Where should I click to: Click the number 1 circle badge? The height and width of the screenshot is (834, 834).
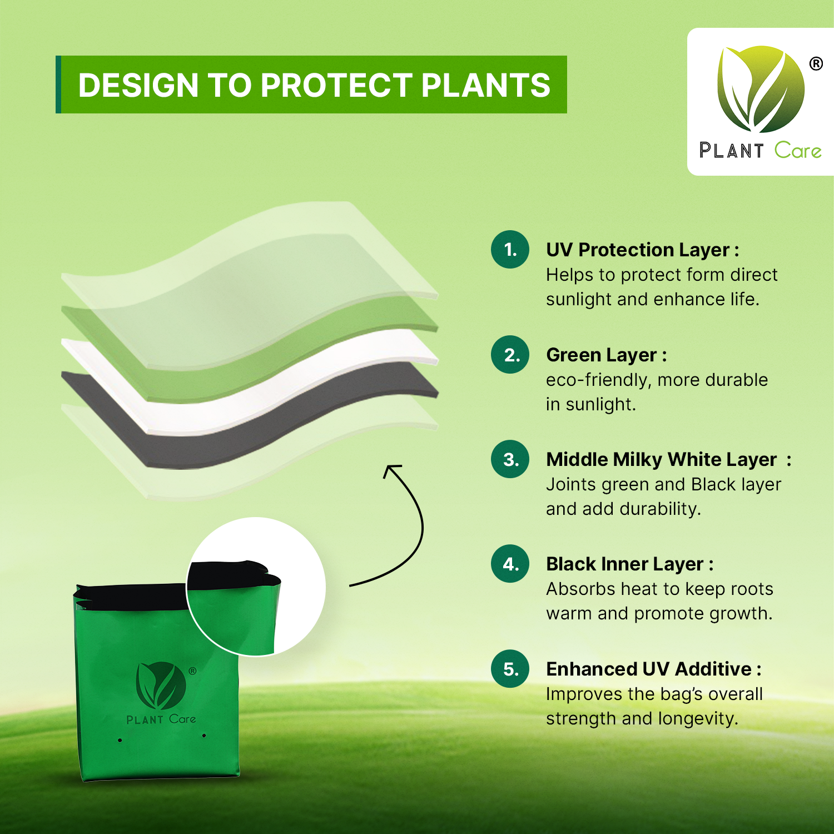coord(510,250)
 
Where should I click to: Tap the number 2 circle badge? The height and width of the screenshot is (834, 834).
coord(510,355)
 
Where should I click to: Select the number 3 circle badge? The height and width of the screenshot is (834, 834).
coord(510,459)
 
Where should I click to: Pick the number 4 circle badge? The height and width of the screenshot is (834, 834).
coord(510,564)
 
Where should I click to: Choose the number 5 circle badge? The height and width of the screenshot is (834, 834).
coord(510,669)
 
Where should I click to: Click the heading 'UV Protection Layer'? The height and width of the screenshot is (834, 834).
coord(638,250)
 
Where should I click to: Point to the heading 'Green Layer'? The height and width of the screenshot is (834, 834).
coord(602,355)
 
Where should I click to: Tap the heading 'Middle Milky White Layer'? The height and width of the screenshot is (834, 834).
coord(661,460)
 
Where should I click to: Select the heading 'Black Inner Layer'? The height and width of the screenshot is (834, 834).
coord(625,564)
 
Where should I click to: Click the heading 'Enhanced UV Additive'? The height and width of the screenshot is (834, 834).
coord(649,669)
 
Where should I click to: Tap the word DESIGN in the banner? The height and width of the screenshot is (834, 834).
coord(138,85)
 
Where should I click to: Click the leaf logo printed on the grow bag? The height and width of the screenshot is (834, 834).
coord(161,686)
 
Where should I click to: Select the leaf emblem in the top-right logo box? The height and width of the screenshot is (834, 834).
coord(761,89)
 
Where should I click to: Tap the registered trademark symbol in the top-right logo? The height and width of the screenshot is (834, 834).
coord(816,64)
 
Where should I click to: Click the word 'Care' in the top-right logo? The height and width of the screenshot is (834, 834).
coord(798,151)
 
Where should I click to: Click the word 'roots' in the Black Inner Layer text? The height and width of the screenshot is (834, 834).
coord(752,589)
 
